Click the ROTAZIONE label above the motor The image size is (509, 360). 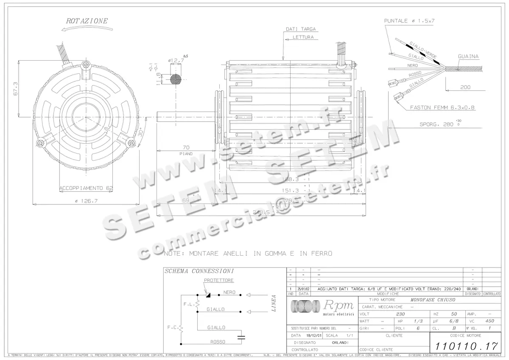pos(87,20)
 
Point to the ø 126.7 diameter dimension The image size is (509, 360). pos(86,201)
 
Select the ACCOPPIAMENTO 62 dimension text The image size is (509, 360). pos(86,187)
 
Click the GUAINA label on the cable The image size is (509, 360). pos(468,56)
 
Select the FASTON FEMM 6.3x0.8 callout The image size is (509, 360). pos(442,108)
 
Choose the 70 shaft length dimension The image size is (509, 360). pos(185,148)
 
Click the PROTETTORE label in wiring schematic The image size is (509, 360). pos(218,280)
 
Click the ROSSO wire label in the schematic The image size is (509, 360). pos(218,341)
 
